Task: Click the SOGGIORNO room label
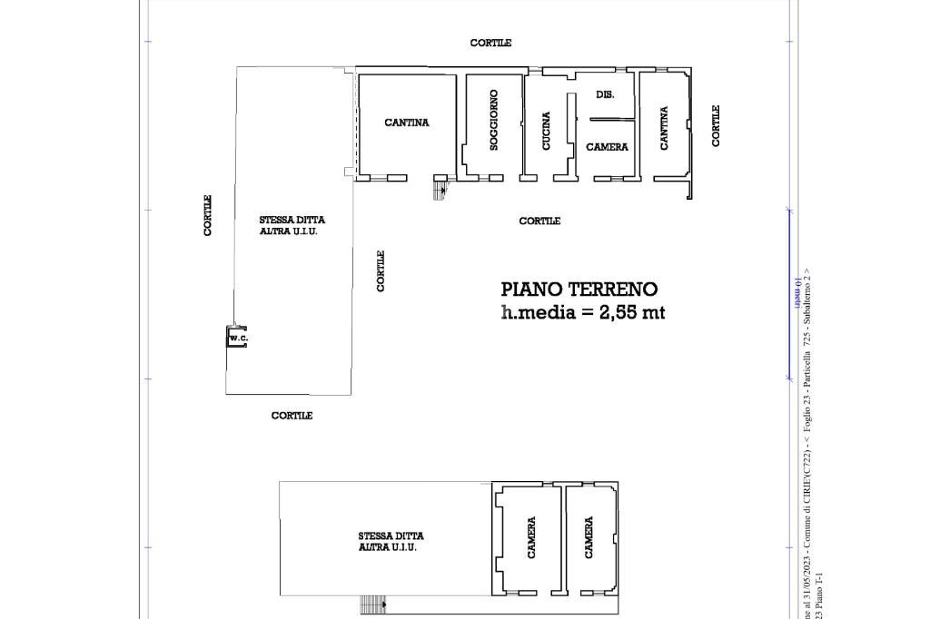pyautogui.click(x=494, y=120)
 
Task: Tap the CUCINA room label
pyautogui.click(x=546, y=131)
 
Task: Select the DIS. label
pyautogui.click(x=605, y=94)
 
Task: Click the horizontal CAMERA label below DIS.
pyautogui.click(x=607, y=147)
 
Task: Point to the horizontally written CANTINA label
pyautogui.click(x=407, y=123)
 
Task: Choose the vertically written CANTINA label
pyautogui.click(x=664, y=128)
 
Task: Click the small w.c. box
pyautogui.click(x=237, y=338)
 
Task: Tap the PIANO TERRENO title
pyautogui.click(x=579, y=290)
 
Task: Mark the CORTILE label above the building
pyautogui.click(x=490, y=43)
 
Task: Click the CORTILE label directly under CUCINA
pyautogui.click(x=539, y=221)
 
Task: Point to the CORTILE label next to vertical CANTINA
pyautogui.click(x=716, y=125)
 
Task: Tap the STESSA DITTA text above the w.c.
pyautogui.click(x=292, y=220)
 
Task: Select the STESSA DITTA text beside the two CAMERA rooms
pyautogui.click(x=391, y=536)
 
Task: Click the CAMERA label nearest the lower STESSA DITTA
pyautogui.click(x=531, y=537)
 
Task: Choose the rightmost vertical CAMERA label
pyautogui.click(x=589, y=537)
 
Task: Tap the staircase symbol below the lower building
pyautogui.click(x=372, y=604)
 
